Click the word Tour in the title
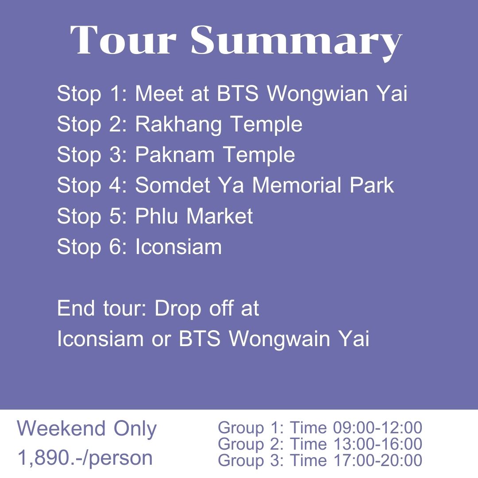coord(123,40)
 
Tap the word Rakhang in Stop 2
coord(178,125)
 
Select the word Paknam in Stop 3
coord(175,154)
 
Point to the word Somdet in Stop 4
coord(173,185)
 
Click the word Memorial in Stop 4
coord(297,185)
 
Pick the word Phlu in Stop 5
coord(156,216)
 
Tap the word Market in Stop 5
coord(220,216)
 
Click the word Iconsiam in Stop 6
coord(179,247)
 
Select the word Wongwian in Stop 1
coord(318,93)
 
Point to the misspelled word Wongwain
coord(280,339)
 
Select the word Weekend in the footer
coord(61,428)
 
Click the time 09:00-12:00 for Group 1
coord(378,428)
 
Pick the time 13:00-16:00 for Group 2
coord(378,444)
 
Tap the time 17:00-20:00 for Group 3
coord(378,460)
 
